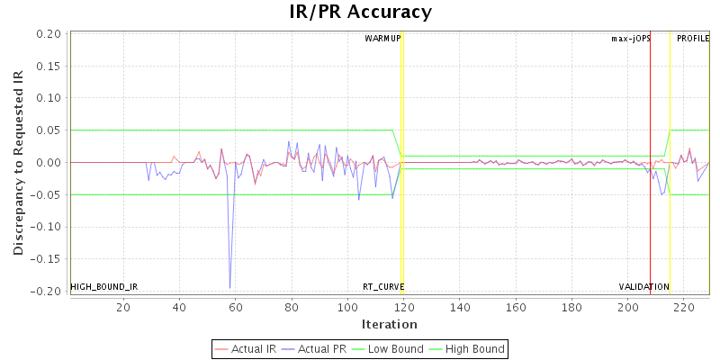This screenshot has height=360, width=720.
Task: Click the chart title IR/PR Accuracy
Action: [x=360, y=13]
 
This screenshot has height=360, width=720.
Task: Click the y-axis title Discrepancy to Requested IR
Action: [x=18, y=163]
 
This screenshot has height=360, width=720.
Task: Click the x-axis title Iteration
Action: [x=389, y=324]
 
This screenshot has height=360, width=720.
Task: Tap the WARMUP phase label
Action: [x=382, y=39]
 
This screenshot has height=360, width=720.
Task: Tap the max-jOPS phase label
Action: [x=630, y=39]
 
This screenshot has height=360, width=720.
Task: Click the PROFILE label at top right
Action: [x=692, y=39]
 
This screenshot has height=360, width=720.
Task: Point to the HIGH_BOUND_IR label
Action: [x=103, y=287]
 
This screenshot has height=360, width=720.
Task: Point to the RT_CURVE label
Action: [x=383, y=287]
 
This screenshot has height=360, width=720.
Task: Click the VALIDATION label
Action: [x=643, y=287]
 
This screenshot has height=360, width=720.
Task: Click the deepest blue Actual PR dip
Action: [x=229, y=287]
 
